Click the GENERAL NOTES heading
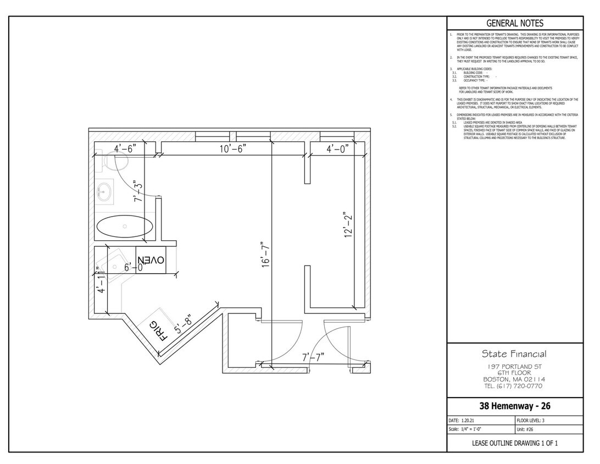pyautogui.click(x=515, y=23)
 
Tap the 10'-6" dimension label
pyautogui.click(x=233, y=148)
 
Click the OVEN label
pyautogui.click(x=151, y=259)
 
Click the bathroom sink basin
pyautogui.click(x=103, y=191)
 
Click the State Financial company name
pyautogui.click(x=514, y=353)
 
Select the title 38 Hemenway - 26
pyautogui.click(x=515, y=407)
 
